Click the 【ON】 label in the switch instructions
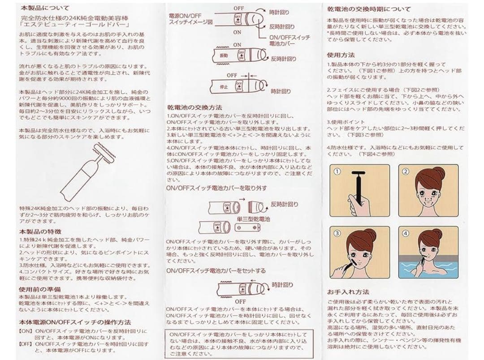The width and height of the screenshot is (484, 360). [26, 331]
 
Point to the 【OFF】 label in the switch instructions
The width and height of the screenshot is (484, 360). [26, 344]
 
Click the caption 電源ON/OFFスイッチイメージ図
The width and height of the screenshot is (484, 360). [190, 18]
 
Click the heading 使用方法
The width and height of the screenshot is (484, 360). [341, 55]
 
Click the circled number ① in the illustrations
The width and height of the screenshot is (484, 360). [338, 171]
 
